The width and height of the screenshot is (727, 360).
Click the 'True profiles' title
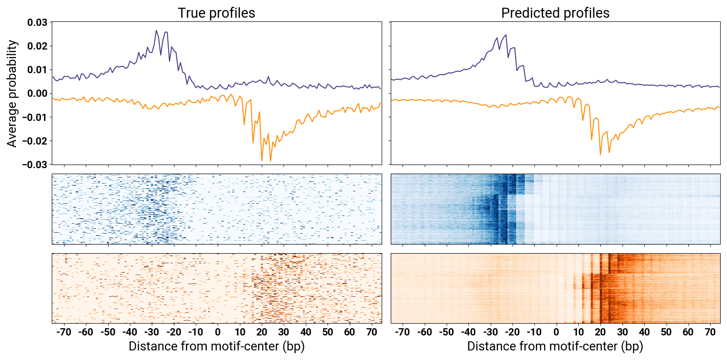216,13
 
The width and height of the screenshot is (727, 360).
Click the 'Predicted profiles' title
555,13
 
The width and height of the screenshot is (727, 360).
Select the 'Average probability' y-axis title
12,94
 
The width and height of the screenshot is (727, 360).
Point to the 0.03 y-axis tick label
37,22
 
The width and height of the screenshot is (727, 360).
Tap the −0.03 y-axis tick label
35,165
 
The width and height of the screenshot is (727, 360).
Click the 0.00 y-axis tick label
37,94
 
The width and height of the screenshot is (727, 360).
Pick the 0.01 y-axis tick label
37,70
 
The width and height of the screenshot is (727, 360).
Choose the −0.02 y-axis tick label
35,141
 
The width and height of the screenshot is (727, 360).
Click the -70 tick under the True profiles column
64,332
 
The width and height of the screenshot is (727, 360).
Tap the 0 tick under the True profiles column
218,332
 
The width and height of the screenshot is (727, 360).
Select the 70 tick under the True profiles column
371,332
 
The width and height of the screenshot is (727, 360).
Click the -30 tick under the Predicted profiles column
490,332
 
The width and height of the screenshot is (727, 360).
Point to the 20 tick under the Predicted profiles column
600,332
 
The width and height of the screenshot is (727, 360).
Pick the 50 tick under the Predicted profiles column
666,332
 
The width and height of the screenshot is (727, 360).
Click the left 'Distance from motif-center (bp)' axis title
216,347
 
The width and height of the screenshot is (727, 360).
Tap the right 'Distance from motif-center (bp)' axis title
555,347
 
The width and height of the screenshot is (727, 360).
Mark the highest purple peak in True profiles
156,30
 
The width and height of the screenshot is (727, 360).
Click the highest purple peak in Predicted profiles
506,35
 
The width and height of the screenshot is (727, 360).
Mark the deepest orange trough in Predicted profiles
600,155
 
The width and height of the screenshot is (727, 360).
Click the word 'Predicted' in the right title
531,13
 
